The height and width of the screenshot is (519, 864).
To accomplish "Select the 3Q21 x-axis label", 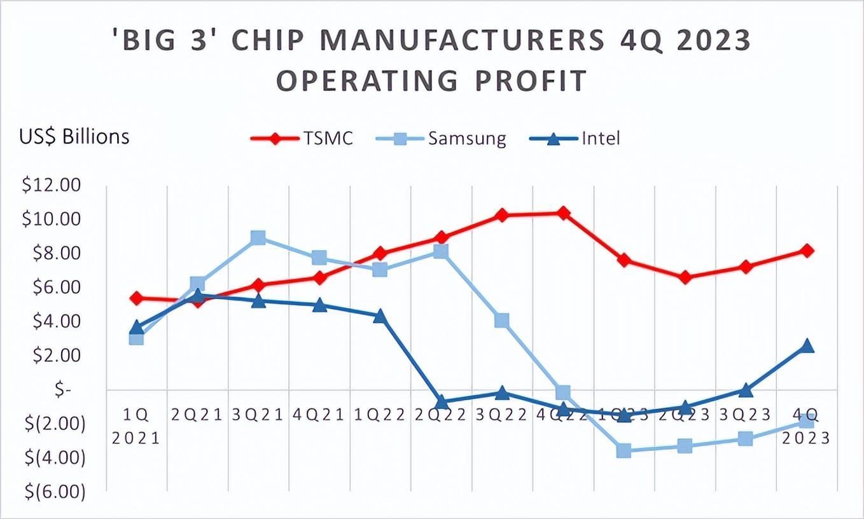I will (258, 415).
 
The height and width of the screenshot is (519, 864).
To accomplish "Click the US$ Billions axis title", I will (74, 137).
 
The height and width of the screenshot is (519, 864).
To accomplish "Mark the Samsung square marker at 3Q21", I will (258, 238).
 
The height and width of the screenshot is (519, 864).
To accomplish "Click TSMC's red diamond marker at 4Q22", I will (563, 213).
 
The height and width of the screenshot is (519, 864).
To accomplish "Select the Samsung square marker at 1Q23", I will (624, 451).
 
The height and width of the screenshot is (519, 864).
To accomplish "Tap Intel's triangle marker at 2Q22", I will (441, 402).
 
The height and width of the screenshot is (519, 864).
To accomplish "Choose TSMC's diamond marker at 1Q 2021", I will (136, 298).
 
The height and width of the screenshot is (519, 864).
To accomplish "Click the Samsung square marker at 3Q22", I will (502, 320).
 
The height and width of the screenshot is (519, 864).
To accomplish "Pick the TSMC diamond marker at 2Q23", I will (685, 277).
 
